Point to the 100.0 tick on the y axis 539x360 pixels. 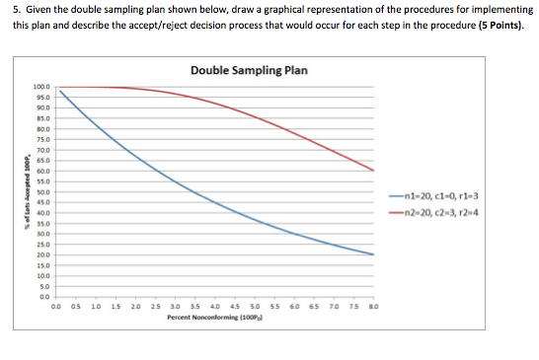(42, 88)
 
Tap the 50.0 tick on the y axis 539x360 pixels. (43, 191)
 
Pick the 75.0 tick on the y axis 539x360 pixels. (43, 139)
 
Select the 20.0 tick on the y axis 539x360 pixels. (43, 254)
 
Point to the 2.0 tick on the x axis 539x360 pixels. (135, 308)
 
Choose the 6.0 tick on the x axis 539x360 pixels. (294, 308)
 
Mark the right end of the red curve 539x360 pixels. (373, 170)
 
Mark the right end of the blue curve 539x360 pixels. (373, 254)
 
